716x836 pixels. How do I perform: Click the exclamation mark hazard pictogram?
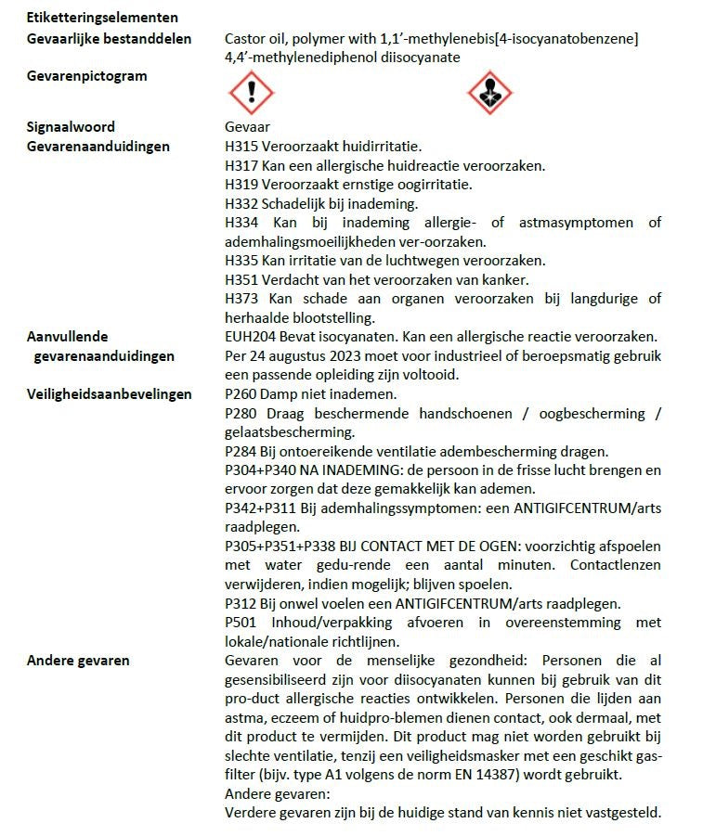click(251, 92)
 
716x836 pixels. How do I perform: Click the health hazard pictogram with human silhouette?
click(488, 92)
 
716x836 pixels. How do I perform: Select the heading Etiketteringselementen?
click(102, 18)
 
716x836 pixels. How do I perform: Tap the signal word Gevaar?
click(247, 127)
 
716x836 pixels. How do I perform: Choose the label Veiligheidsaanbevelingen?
click(110, 393)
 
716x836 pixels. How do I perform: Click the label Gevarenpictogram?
click(86, 76)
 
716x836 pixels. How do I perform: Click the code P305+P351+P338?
click(285, 546)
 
